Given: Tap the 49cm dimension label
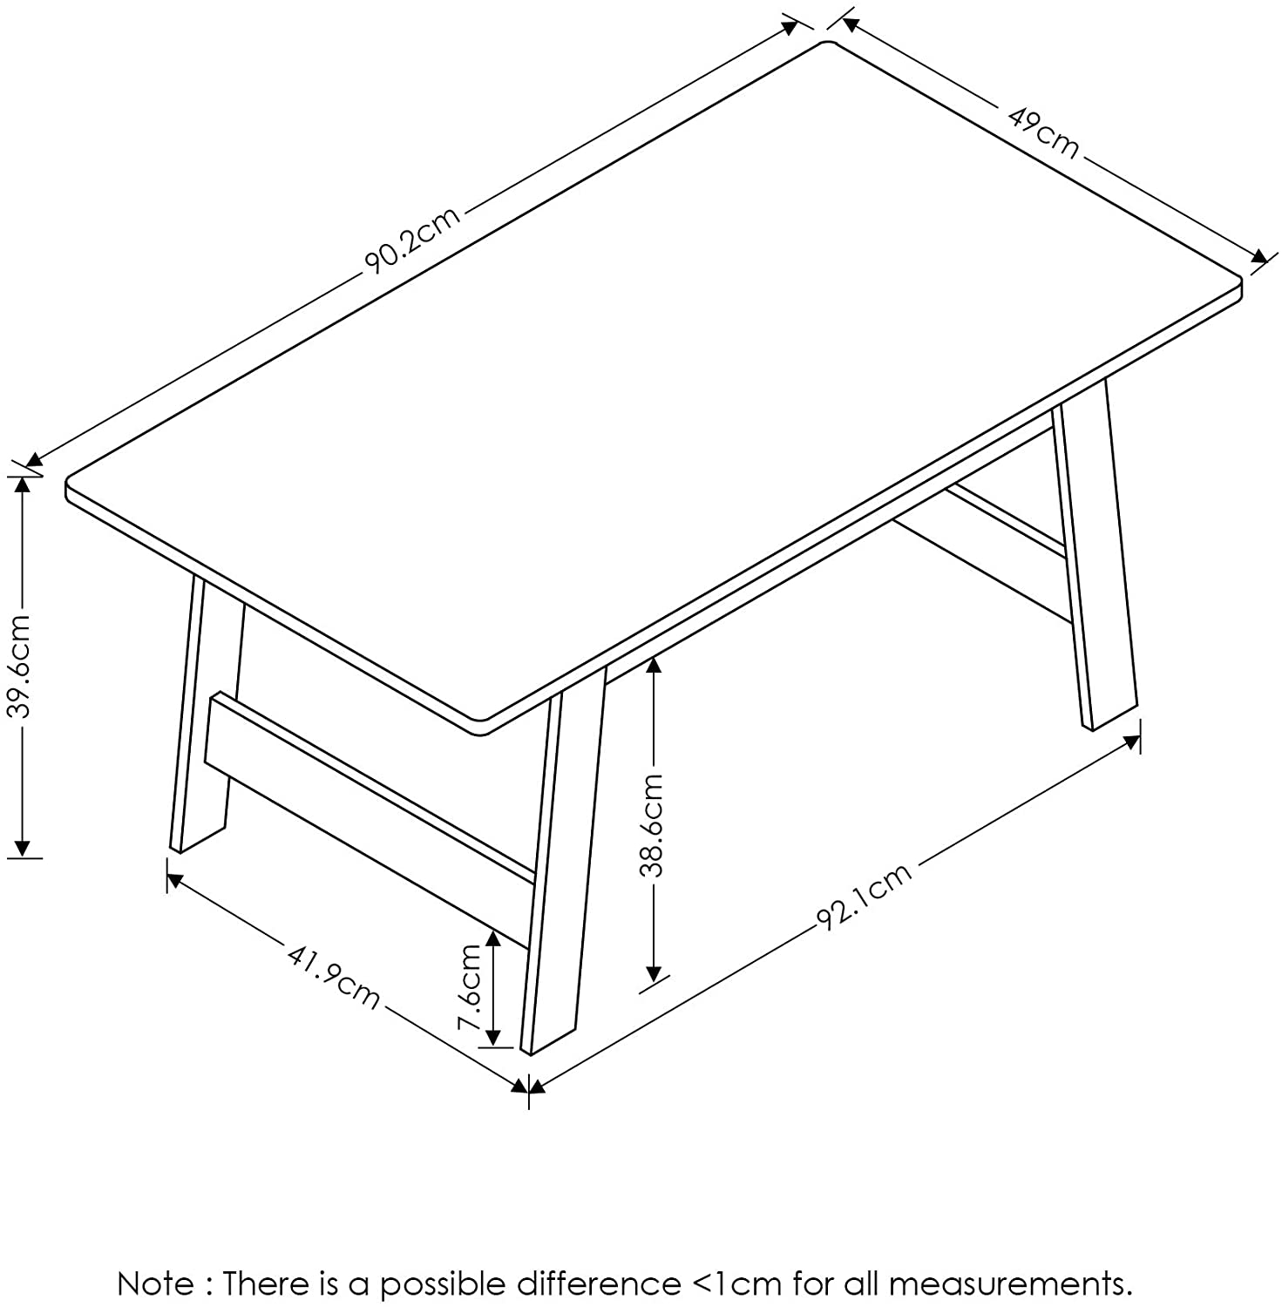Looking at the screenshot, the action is pos(1043,132).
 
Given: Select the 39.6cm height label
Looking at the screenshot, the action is pos(21,665).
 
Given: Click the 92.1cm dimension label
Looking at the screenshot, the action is pos(865,896).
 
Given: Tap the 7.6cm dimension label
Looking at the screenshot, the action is pos(470,988).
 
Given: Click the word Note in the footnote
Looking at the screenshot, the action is pos(156,1283).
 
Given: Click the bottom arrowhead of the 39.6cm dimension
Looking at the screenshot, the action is pos(23,846).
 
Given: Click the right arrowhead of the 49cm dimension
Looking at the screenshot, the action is pos(1258,256).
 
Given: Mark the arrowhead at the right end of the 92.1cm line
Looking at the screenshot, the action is pos(1131,743).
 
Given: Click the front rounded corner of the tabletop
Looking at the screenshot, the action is pos(481,725).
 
